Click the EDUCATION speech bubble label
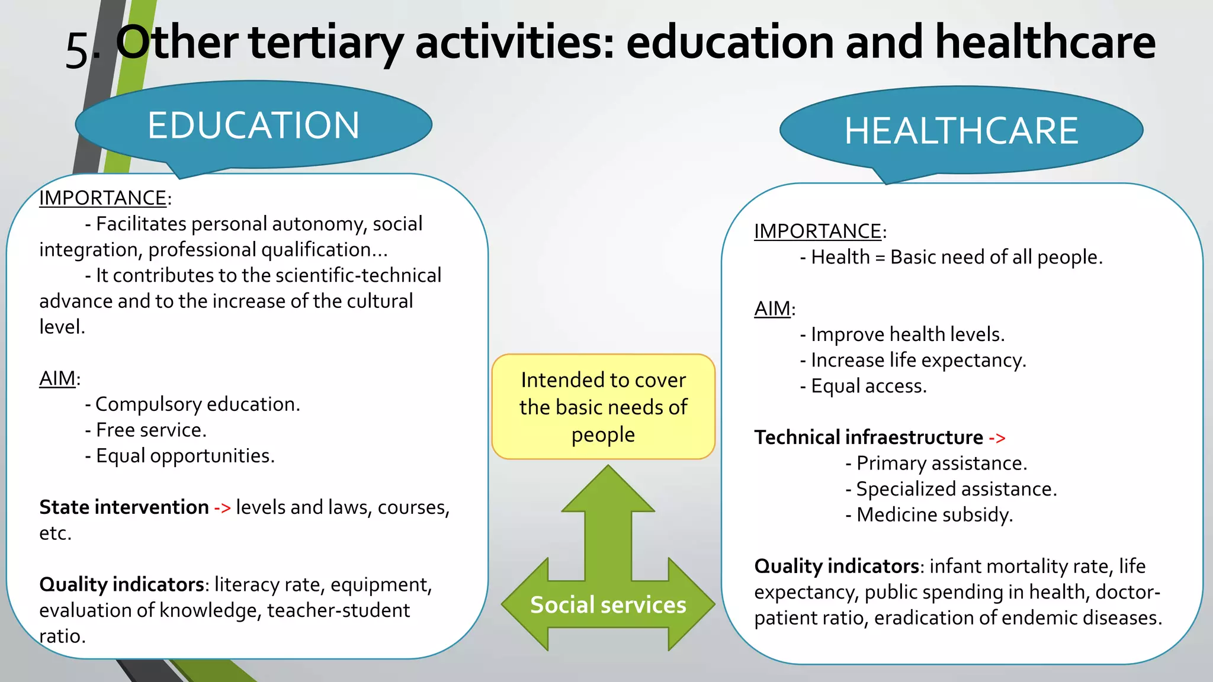tap(253, 126)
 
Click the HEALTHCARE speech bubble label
tap(961, 131)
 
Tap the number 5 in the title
tap(77, 51)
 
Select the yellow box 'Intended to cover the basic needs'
tap(603, 407)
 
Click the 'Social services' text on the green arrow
tap(608, 605)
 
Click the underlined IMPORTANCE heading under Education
tap(102, 198)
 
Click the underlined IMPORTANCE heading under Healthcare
tap(817, 231)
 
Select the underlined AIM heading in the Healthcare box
tap(772, 308)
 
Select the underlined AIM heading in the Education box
tap(57, 378)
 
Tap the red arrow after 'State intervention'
tap(222, 508)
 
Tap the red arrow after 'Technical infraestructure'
tap(997, 438)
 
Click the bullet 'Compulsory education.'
tap(197, 404)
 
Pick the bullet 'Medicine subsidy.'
tap(934, 514)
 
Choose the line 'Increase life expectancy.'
tap(917, 360)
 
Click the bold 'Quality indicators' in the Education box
tap(121, 584)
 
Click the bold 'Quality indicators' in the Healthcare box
tap(836, 566)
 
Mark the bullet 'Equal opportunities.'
tap(185, 456)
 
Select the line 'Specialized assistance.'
tap(956, 489)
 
